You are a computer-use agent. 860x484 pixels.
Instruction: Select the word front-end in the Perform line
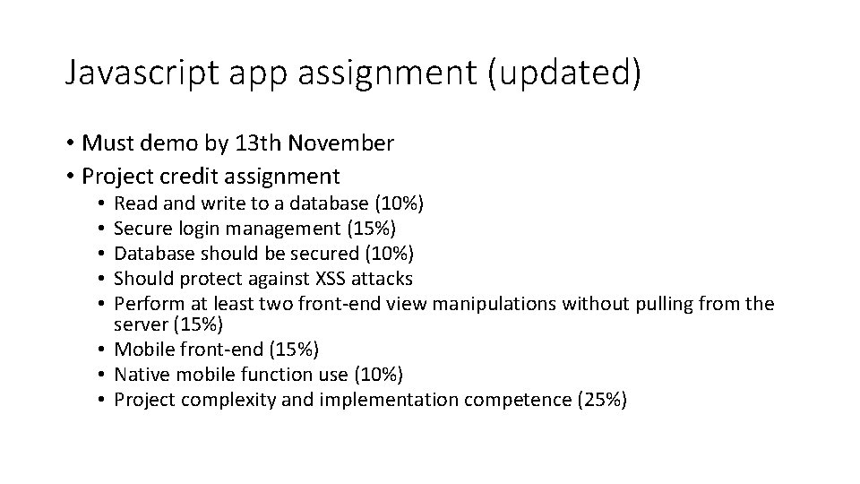(x=332, y=304)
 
